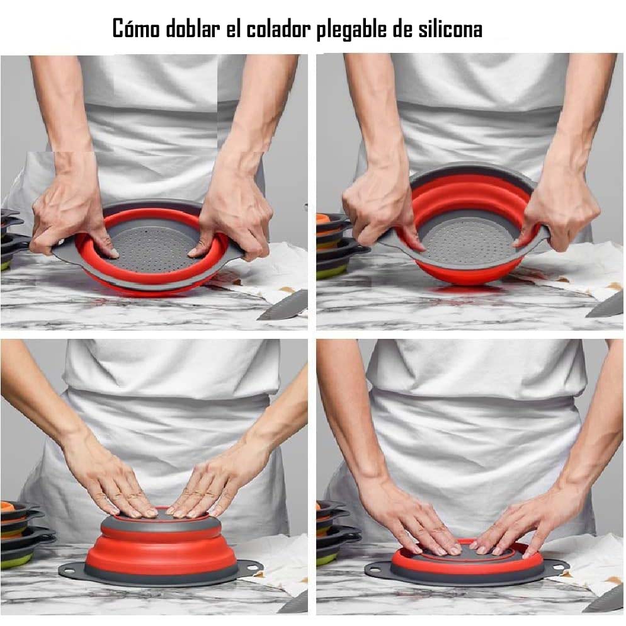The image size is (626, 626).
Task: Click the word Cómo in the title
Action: (135, 29)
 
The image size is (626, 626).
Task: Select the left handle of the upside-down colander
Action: (69, 571)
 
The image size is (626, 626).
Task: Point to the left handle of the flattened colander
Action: (376, 571)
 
